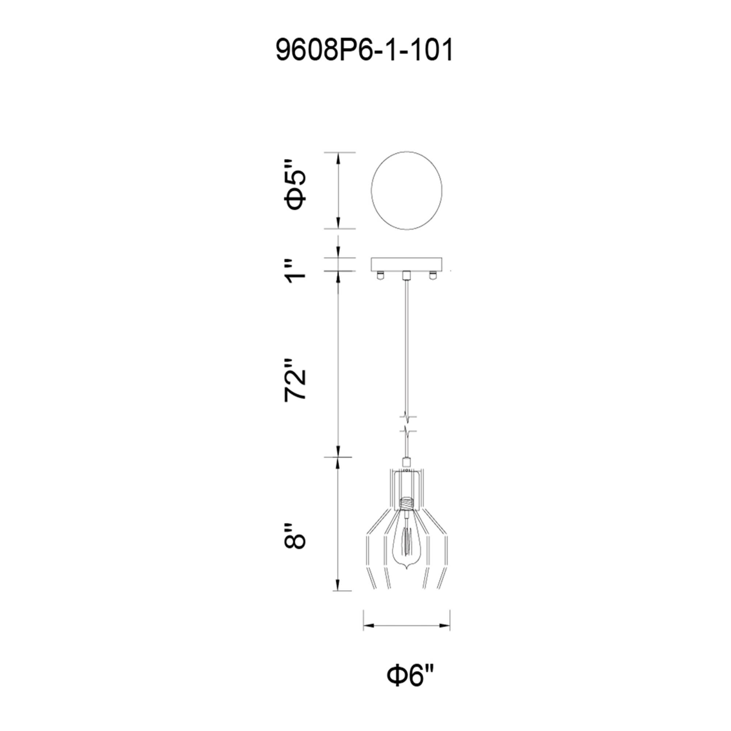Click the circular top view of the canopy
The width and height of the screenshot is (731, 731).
[407, 191]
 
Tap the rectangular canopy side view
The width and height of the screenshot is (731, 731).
[407, 264]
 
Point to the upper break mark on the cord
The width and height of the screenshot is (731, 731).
[407, 417]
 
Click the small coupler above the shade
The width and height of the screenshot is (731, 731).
[407, 462]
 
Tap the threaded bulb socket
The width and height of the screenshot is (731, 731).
[407, 504]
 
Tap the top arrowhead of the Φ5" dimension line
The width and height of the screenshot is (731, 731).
[338, 157]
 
